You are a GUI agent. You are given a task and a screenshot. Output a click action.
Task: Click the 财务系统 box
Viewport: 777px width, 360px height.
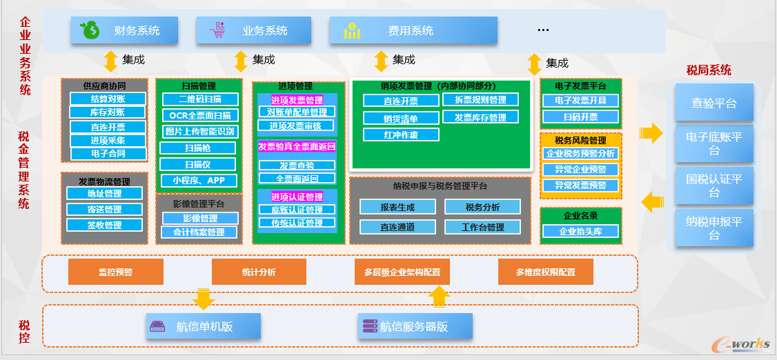point(124,30)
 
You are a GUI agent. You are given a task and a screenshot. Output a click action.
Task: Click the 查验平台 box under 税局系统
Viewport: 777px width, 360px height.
point(714,103)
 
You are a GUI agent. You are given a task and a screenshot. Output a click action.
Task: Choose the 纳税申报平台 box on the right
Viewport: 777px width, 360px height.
point(714,228)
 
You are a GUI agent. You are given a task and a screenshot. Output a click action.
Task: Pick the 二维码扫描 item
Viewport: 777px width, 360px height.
point(199,99)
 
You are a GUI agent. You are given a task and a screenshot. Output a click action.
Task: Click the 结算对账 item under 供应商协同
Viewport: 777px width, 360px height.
point(108,99)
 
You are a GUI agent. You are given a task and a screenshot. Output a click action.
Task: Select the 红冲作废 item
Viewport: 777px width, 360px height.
point(400,135)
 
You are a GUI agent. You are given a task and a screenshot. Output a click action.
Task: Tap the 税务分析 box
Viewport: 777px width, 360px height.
point(482,207)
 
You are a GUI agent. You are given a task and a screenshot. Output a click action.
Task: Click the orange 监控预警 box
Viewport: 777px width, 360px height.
point(116,272)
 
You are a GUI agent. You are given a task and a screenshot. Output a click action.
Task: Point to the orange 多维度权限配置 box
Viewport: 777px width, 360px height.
point(545,272)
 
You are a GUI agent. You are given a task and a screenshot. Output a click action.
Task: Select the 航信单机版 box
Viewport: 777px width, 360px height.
point(204,326)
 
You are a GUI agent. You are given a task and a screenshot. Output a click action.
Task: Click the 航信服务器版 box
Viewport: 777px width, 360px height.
point(415,326)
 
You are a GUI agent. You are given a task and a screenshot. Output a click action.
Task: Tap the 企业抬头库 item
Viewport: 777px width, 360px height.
point(580,232)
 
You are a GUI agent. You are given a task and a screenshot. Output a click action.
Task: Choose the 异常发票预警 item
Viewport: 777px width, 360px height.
point(580,185)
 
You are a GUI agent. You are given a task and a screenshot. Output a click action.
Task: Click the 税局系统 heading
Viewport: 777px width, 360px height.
point(708,70)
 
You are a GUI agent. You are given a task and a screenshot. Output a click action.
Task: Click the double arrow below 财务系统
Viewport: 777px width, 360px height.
point(110,61)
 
